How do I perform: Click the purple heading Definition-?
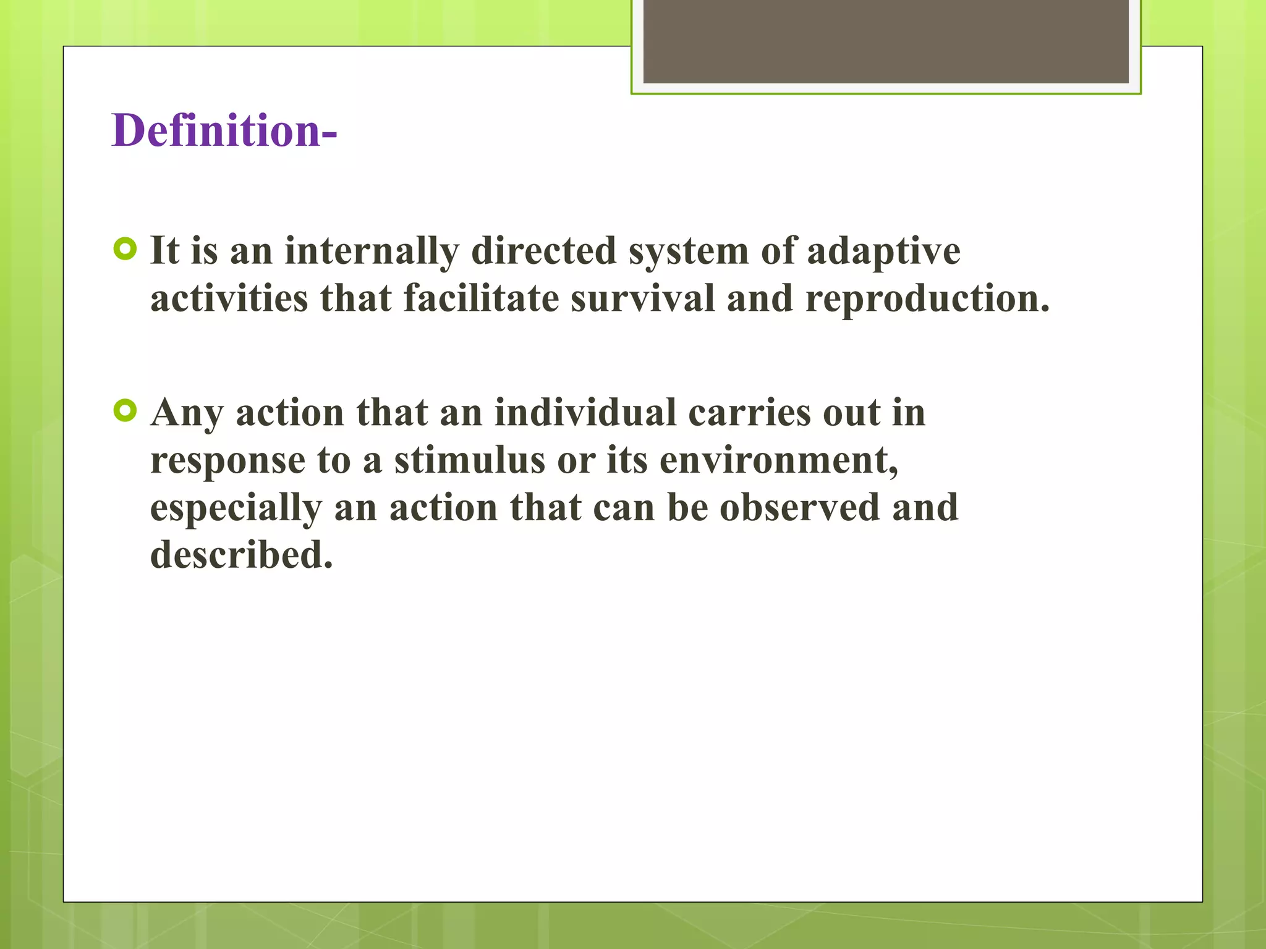[x=224, y=131]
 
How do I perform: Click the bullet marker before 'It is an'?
[x=125, y=250]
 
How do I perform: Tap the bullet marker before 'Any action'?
[x=125, y=411]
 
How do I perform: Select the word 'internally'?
[x=372, y=251]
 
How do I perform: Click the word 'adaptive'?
[x=883, y=251]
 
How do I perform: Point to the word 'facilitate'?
[x=481, y=299]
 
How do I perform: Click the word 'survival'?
[x=642, y=299]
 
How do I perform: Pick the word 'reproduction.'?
[x=927, y=299]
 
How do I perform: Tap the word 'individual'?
[x=585, y=413]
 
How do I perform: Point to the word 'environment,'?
[x=779, y=460]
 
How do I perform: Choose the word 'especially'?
[x=236, y=508]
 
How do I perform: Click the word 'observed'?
[x=799, y=508]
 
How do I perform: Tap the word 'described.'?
[x=242, y=555]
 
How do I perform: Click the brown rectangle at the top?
[x=885, y=42]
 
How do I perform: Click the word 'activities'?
[x=229, y=299]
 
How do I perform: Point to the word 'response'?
[x=227, y=462]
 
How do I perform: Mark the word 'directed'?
[x=543, y=251]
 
